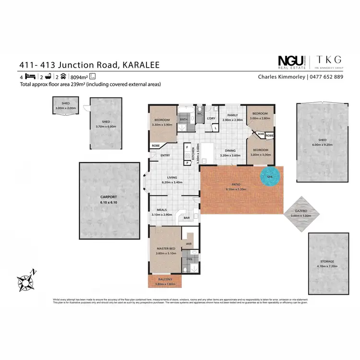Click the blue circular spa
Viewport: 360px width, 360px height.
pos(269,177)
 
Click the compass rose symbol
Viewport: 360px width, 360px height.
pos(25,280)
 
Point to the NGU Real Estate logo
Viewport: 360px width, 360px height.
pos(292,60)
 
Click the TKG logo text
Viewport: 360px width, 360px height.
pos(329,60)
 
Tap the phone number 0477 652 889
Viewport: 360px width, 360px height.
pos(326,77)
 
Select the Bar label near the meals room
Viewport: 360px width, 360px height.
pos(187,217)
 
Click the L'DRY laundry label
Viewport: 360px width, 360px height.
pos(210,118)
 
